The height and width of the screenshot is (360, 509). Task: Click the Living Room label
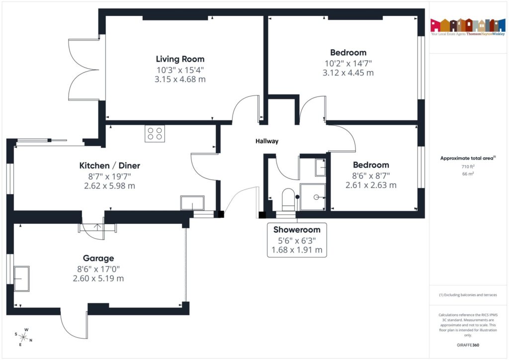[180, 59]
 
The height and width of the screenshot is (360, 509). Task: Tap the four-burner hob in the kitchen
[155, 133]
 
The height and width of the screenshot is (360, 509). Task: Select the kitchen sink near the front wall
[192, 203]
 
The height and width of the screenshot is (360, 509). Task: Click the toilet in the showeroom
[287, 198]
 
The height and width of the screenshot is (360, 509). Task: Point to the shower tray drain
[316, 197]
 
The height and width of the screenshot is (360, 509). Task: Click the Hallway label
[267, 141]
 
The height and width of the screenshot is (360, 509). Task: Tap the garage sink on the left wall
[22, 278]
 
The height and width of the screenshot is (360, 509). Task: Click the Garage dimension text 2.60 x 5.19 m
[98, 278]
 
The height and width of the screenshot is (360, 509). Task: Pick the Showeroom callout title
[297, 230]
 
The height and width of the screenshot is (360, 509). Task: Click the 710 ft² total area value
[467, 167]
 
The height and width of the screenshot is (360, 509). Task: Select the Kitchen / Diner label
[109, 166]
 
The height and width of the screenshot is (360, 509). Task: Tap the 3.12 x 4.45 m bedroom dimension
[348, 73]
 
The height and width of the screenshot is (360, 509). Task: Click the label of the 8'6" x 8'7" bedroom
[371, 165]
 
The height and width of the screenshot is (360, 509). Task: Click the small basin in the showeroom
[320, 168]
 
